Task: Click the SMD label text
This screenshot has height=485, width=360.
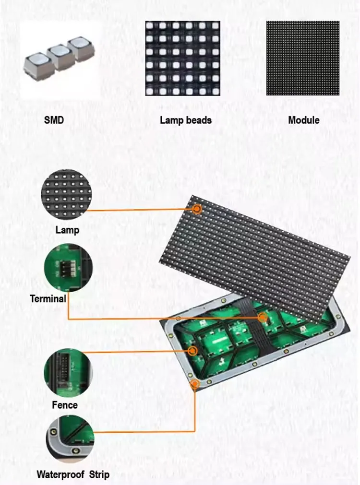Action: tap(54, 119)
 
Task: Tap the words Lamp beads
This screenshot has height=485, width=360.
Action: tap(186, 119)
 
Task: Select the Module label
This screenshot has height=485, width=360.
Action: tap(303, 119)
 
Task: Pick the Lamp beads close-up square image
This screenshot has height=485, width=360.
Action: tap(183, 58)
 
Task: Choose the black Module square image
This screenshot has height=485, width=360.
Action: tap(303, 58)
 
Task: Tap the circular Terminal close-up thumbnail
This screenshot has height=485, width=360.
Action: tap(68, 269)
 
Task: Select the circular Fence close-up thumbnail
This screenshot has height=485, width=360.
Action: tap(68, 372)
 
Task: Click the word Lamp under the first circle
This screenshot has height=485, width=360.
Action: tap(67, 230)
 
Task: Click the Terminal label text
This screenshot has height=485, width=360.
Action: tap(48, 299)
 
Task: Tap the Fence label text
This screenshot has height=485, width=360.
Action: tap(65, 405)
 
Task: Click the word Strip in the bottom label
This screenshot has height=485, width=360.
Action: tap(98, 475)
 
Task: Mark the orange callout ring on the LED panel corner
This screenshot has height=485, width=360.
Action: tap(197, 209)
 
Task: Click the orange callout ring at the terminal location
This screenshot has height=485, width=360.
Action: tap(262, 318)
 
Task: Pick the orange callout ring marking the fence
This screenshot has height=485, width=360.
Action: tap(192, 351)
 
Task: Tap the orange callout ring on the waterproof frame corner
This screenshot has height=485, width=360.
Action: tap(195, 384)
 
